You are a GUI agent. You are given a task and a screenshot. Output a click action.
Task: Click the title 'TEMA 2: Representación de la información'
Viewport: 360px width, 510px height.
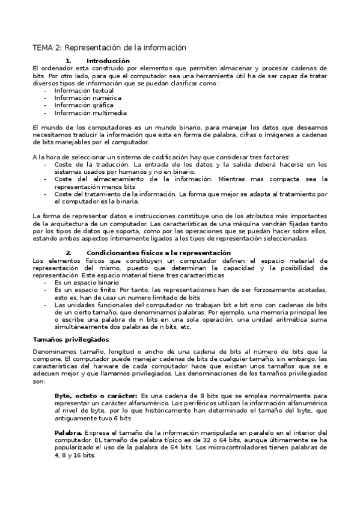point(109,48)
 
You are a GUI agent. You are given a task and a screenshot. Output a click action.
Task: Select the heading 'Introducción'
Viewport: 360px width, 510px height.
point(108,61)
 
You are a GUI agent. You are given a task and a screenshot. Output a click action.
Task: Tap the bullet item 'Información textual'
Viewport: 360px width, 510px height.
point(84,90)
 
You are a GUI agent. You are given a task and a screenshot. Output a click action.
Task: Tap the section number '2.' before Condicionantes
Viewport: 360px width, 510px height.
point(68,253)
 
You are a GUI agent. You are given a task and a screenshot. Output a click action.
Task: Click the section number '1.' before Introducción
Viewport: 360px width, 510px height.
point(68,61)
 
